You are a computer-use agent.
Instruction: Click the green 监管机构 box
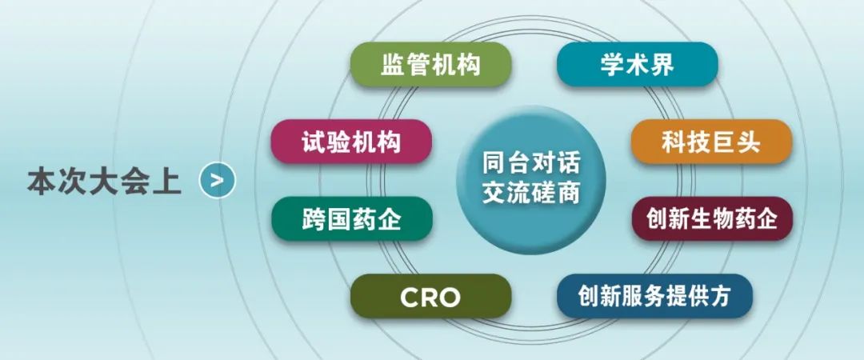coord(431,65)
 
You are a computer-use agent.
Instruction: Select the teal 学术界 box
coord(638,65)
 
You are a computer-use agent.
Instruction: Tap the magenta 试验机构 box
coord(351,142)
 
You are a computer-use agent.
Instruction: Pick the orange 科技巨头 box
coord(711,142)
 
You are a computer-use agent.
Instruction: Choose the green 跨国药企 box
coord(351,219)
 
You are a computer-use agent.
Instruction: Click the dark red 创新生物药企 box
coord(712,219)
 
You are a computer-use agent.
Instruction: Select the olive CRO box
coord(431,297)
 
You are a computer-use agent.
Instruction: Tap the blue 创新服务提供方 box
coord(654,297)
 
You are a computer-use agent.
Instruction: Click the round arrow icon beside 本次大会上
coord(218,180)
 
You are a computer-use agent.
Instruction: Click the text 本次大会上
coord(104,181)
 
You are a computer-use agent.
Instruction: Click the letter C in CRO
coord(410,298)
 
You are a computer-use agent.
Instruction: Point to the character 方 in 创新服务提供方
coord(719,297)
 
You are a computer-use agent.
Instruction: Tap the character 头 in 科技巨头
coord(749,142)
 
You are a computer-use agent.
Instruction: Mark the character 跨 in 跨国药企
coord(314,219)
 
